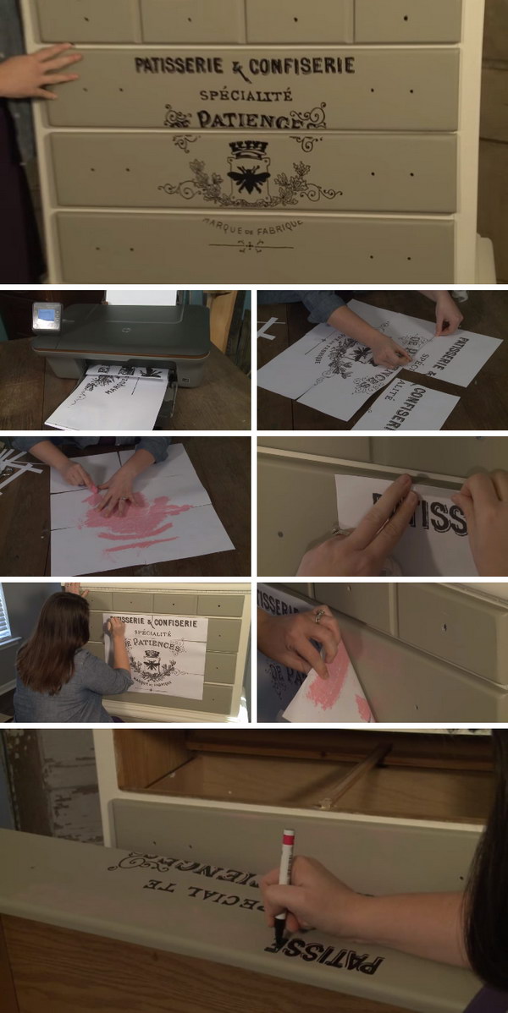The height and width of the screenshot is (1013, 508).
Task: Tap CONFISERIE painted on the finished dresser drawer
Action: [301, 66]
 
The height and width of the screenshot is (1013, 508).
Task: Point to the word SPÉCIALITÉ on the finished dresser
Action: [246, 95]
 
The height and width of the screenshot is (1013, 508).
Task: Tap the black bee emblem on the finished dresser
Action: [248, 178]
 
